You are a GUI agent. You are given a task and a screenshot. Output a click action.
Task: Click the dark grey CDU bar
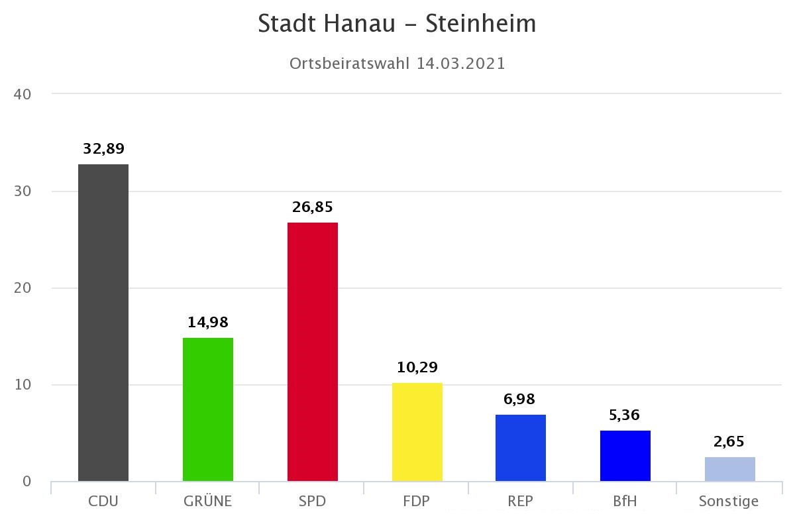(x=103, y=323)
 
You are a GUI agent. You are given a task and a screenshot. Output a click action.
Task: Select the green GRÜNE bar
(x=208, y=409)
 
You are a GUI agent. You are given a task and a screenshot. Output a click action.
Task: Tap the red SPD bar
(x=313, y=352)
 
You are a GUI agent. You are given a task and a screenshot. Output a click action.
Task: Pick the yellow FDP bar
(x=417, y=432)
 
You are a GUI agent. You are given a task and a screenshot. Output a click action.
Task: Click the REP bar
(x=521, y=448)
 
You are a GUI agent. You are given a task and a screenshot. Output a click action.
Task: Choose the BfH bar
(x=625, y=456)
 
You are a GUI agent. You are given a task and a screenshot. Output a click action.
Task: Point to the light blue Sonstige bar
(x=730, y=469)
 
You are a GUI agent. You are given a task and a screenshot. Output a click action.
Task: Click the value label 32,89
(x=103, y=149)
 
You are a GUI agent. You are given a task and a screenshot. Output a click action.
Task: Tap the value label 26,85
(x=313, y=207)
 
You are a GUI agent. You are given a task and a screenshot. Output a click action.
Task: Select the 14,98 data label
(x=208, y=323)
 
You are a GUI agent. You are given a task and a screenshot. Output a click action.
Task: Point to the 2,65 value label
(x=730, y=442)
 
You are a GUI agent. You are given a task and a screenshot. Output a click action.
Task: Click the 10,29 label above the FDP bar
(x=417, y=368)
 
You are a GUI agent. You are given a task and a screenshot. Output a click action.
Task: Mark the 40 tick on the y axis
(x=23, y=94)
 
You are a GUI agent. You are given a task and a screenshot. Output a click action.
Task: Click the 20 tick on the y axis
(x=23, y=288)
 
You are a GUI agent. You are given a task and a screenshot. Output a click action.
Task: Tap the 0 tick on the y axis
(x=26, y=482)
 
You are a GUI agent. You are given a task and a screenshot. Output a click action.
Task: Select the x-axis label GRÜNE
(x=208, y=502)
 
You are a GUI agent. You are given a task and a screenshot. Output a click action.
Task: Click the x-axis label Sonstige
(x=729, y=502)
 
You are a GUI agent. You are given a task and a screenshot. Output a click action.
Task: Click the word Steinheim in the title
(x=481, y=24)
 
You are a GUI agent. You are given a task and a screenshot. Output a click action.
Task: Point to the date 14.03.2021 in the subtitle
(x=461, y=64)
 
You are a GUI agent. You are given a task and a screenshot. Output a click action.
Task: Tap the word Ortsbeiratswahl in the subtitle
(x=350, y=64)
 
